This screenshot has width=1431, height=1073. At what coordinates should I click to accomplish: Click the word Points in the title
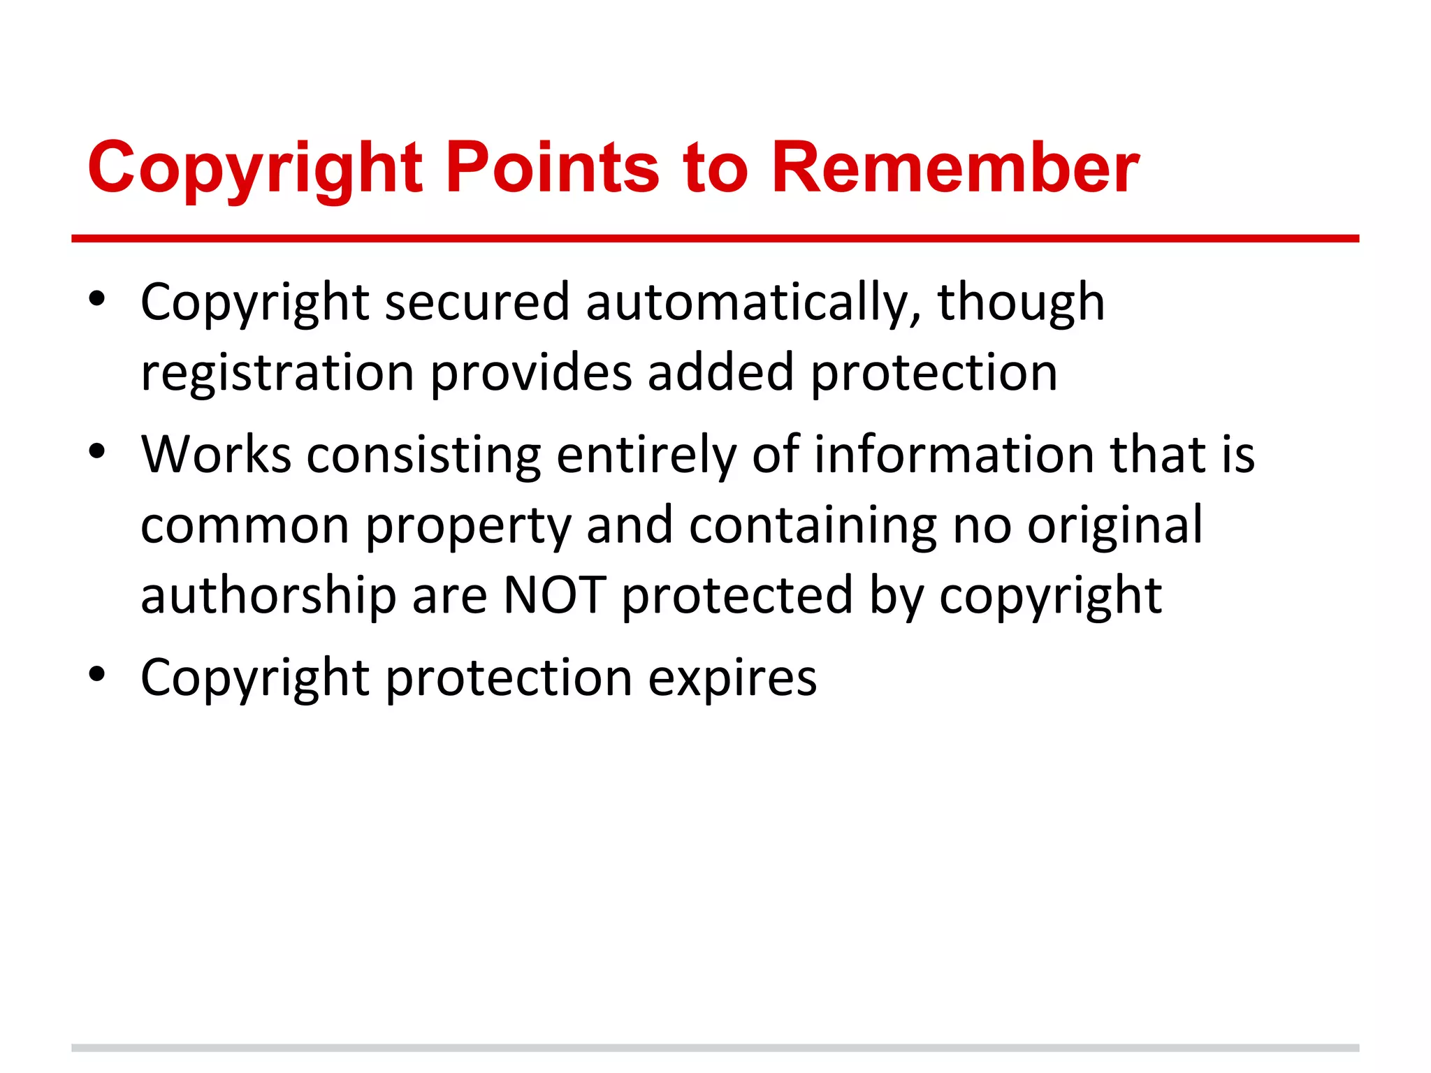[x=552, y=168]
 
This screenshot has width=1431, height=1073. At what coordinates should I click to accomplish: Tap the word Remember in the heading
[x=955, y=168]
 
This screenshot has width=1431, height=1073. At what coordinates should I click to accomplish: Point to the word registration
[x=277, y=373]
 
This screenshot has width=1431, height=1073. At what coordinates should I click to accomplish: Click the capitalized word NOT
[x=554, y=595]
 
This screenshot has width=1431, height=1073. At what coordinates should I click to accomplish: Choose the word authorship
[x=268, y=595]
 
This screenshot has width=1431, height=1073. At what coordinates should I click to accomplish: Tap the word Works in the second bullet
[x=216, y=455]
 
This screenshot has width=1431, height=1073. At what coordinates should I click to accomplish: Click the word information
[x=954, y=455]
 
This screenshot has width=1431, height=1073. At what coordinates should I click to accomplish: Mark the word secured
[x=477, y=303]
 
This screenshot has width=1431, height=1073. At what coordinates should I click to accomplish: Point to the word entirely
[x=646, y=455]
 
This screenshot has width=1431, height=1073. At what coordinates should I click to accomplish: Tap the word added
[x=720, y=373]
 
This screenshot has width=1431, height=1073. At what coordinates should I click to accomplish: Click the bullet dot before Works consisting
[x=97, y=452]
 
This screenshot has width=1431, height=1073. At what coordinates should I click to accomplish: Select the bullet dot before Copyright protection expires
[x=97, y=675]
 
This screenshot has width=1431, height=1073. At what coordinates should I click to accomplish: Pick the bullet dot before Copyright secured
[x=97, y=300]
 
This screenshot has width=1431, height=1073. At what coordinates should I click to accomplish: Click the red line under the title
[x=715, y=239]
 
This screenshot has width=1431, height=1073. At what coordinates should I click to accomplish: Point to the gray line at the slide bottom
[x=715, y=1048]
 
